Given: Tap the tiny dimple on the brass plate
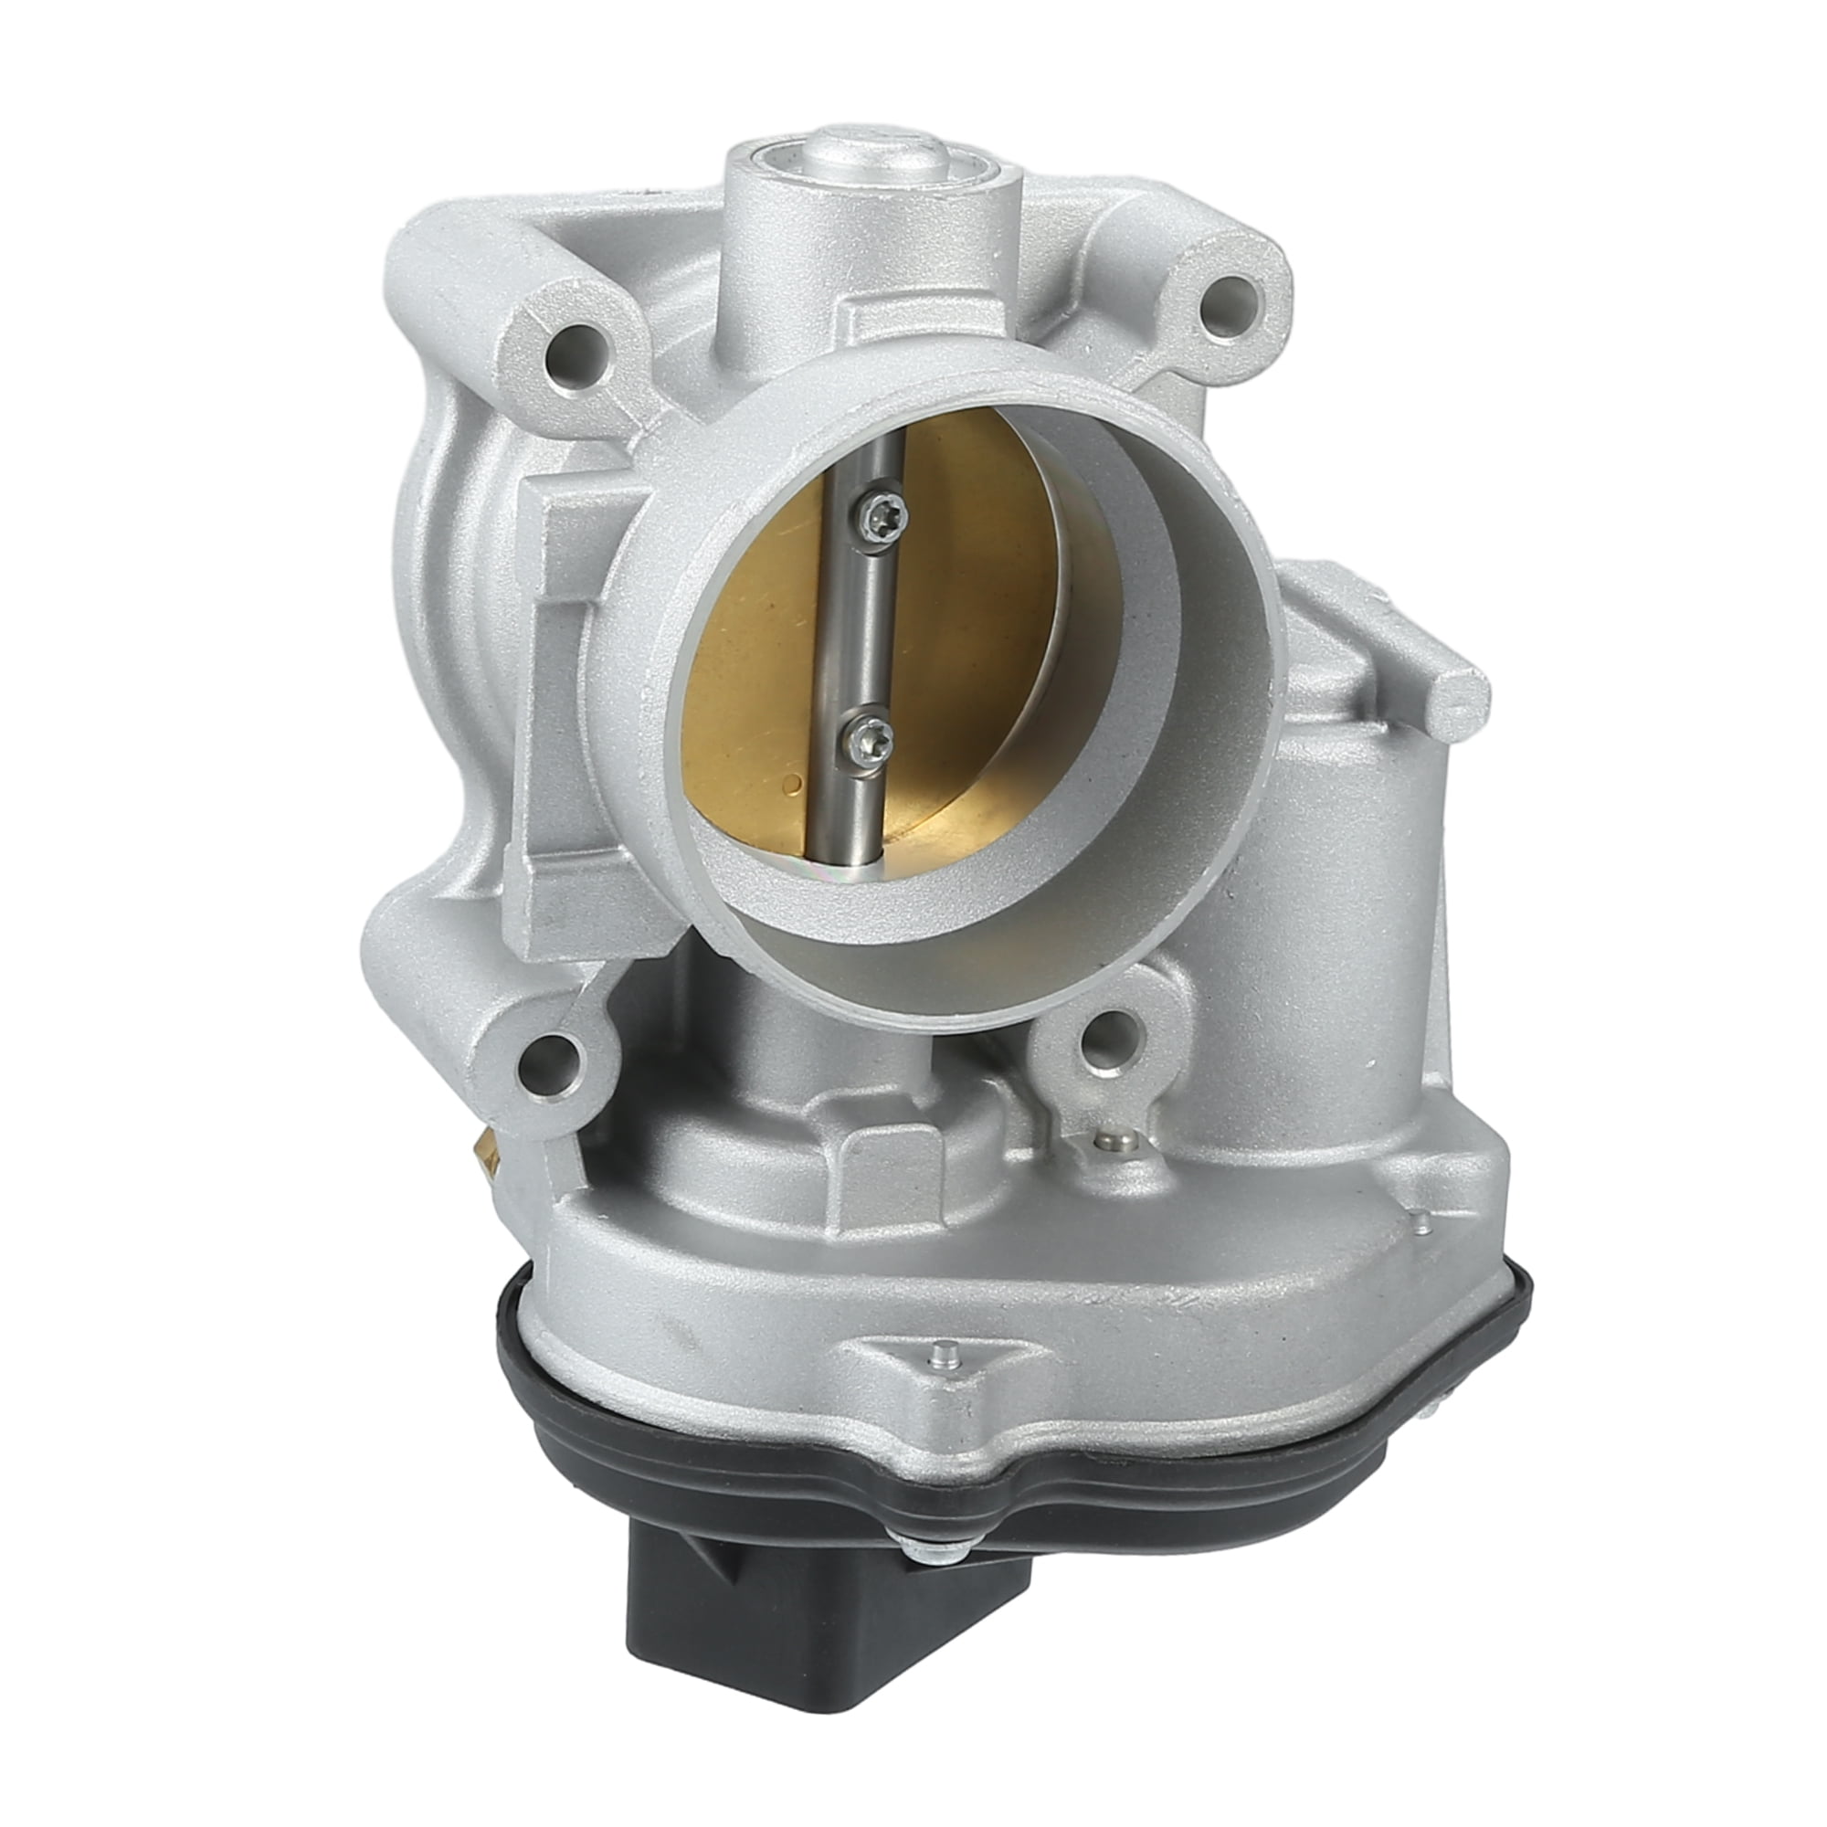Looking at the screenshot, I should coord(791,782).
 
